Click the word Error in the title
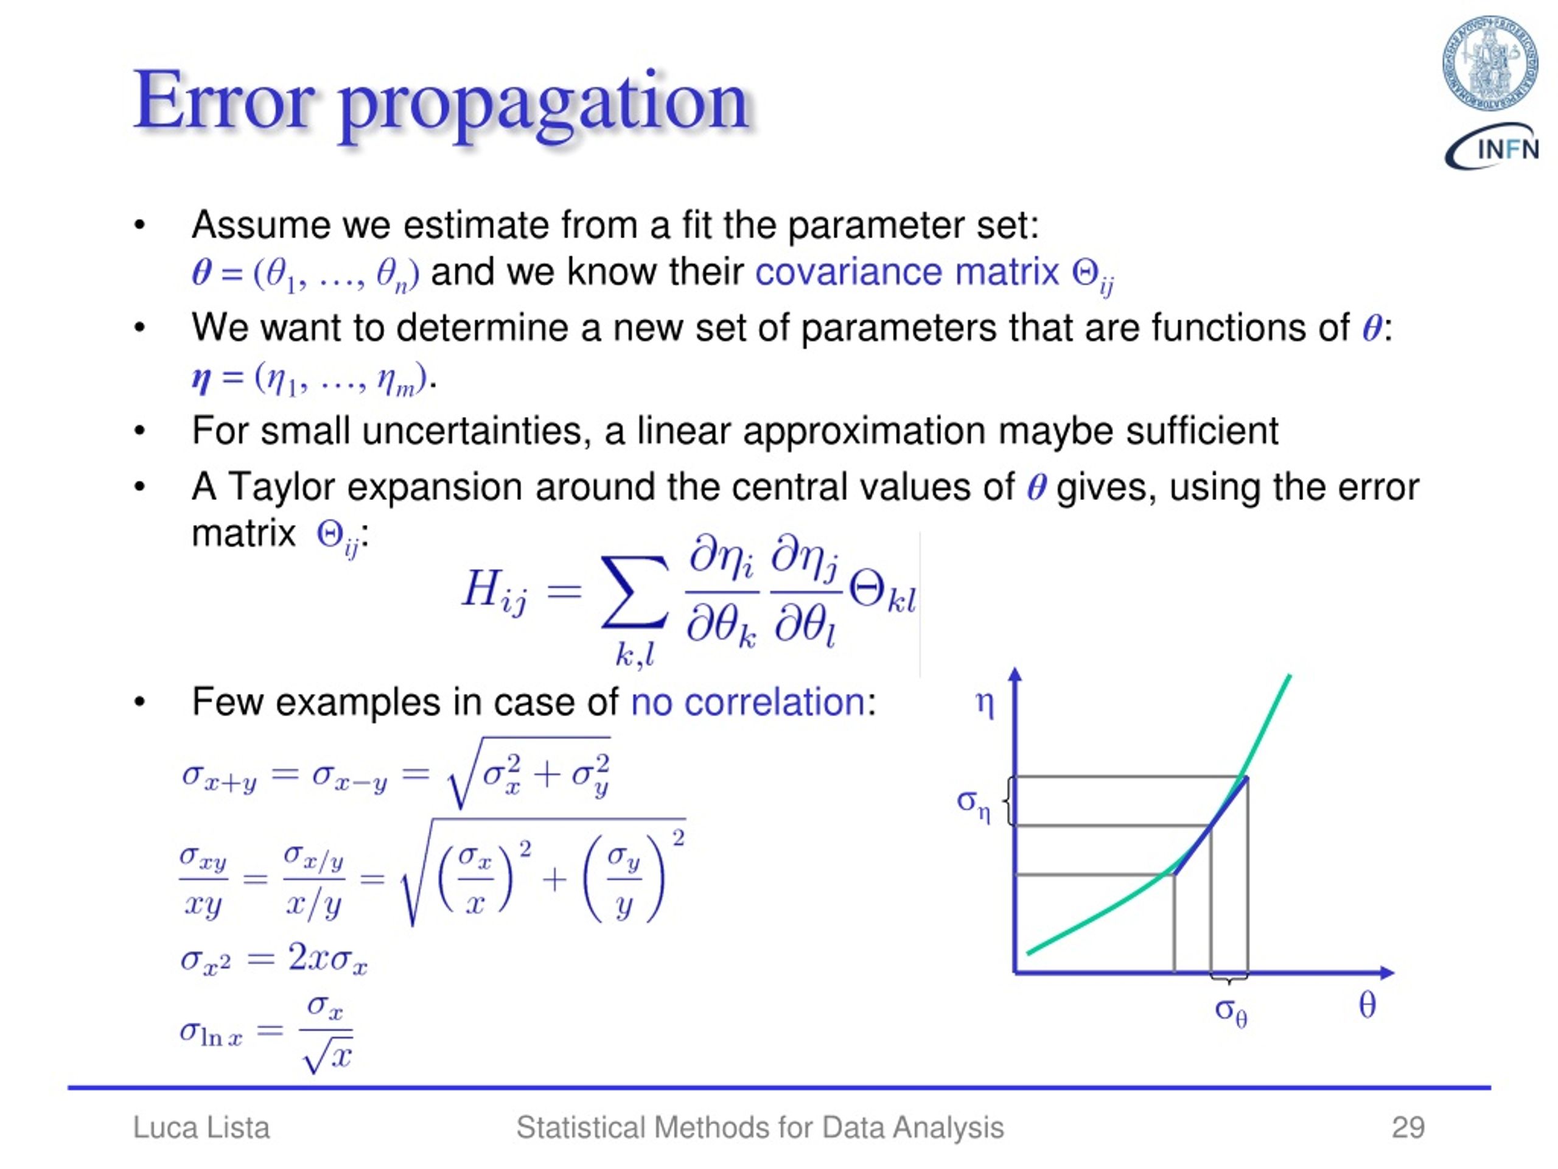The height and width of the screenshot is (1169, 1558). point(223,102)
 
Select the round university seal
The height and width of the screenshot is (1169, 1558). point(1489,63)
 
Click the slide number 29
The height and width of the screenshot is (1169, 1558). point(1408,1128)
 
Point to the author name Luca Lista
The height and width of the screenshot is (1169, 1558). point(201,1128)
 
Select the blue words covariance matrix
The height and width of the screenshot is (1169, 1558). point(906,273)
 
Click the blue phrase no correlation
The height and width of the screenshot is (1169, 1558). point(747,702)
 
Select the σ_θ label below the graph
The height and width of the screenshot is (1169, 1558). point(1231,1012)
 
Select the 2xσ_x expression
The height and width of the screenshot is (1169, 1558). point(327,959)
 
